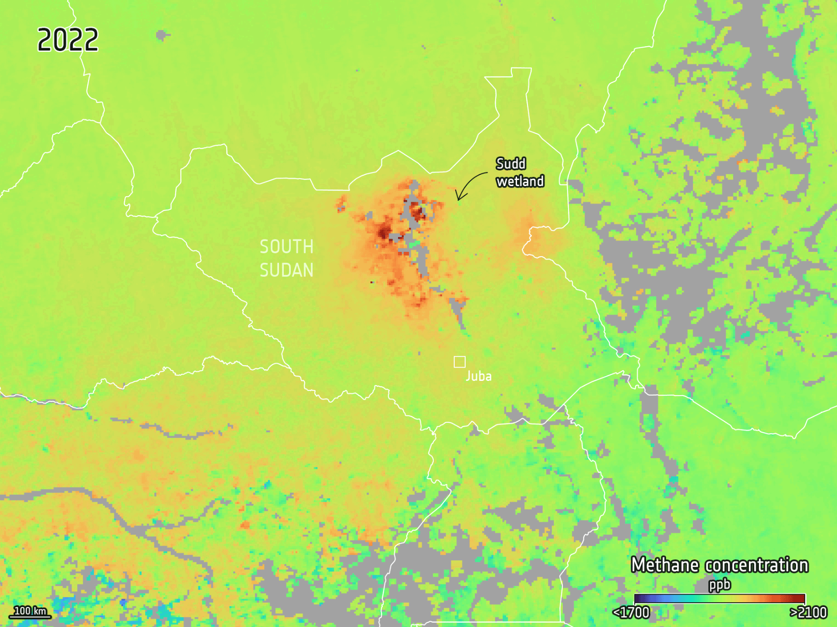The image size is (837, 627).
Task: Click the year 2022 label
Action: (68, 40)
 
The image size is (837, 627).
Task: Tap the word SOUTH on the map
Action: (287, 247)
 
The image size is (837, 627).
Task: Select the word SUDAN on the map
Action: (287, 270)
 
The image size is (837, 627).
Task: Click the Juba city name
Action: (478, 376)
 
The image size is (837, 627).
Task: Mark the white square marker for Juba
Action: (459, 362)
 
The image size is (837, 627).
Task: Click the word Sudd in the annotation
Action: (511, 164)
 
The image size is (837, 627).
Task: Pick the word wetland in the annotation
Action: (520, 181)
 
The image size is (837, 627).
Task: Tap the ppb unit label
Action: (719, 584)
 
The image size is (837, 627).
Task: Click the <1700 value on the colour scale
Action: (631, 612)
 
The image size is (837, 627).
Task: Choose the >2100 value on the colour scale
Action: (808, 612)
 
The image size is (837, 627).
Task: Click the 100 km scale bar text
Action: (30, 611)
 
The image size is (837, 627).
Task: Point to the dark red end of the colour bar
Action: (800, 598)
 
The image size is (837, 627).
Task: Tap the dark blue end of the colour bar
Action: (639, 598)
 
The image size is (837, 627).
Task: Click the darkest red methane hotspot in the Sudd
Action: (383, 233)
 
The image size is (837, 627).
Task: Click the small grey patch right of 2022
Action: (161, 35)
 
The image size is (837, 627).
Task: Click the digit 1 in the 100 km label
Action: (16, 611)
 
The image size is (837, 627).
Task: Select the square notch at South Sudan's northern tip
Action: (521, 72)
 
